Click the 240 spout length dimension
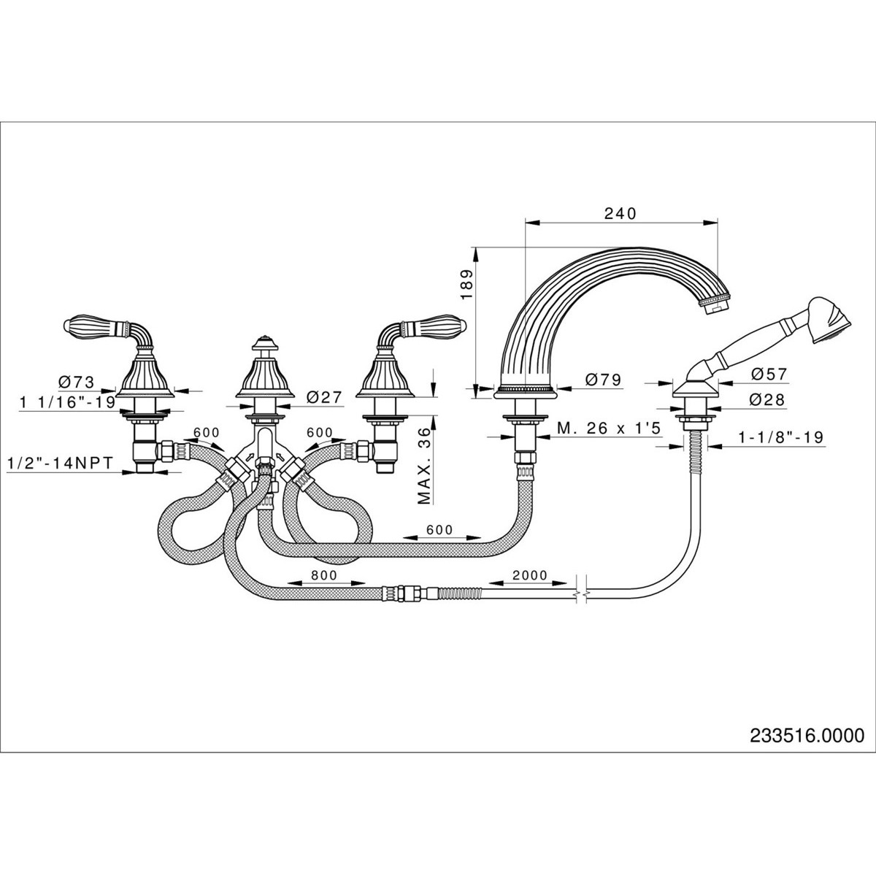620,213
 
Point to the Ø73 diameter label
77,381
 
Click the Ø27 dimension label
325,397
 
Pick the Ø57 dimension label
769,374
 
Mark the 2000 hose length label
529,575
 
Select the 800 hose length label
323,575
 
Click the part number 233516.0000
807,737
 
